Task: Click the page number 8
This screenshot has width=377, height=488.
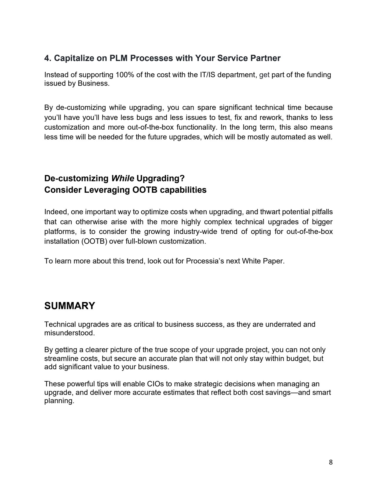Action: [330, 462]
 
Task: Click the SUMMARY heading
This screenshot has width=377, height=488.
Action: [70, 306]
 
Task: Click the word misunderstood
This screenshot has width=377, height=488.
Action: [70, 333]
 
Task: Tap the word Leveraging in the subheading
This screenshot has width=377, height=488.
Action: [107, 190]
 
